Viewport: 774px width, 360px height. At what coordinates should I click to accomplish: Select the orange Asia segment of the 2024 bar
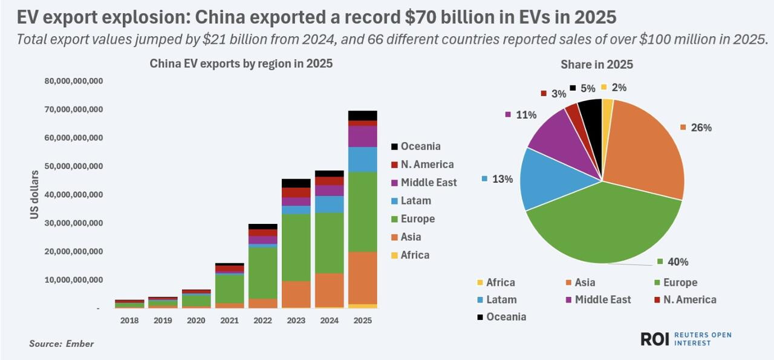329,290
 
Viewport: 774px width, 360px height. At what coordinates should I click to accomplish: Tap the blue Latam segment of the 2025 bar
363,159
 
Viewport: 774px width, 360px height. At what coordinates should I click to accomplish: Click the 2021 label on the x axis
230,320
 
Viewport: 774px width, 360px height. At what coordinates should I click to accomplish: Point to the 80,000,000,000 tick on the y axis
74,81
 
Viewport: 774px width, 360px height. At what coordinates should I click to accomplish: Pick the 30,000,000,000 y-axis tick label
74,223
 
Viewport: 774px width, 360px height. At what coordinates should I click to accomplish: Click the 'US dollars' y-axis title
35,195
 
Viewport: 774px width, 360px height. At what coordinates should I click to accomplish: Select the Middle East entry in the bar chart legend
428,182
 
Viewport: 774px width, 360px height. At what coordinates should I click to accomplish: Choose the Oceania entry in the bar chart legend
420,146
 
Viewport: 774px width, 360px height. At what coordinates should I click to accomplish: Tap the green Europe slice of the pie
599,230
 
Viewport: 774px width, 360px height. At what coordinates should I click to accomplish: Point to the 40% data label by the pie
678,262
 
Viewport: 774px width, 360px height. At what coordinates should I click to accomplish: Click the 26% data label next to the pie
701,128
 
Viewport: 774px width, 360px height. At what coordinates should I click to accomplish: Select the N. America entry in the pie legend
688,299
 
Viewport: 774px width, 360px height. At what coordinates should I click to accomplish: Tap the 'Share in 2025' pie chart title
596,64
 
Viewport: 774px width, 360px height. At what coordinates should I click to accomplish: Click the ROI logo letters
655,339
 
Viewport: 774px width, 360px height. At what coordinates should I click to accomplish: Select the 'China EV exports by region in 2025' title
241,64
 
